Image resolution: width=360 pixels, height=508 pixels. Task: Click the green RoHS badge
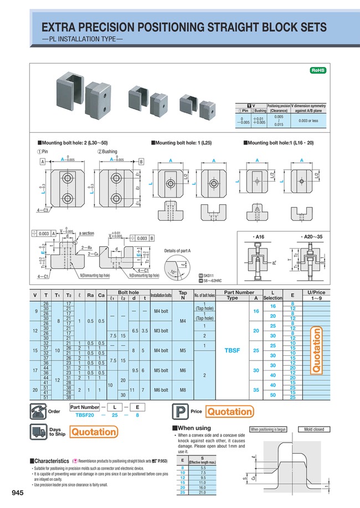(317, 71)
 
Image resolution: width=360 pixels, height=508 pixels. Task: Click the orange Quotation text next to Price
(230, 412)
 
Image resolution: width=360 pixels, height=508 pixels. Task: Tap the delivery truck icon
(39, 432)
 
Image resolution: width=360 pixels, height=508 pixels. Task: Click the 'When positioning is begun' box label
(268, 429)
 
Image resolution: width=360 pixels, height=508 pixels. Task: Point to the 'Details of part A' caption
(177, 251)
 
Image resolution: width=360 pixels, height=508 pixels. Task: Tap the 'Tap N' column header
(183, 294)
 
